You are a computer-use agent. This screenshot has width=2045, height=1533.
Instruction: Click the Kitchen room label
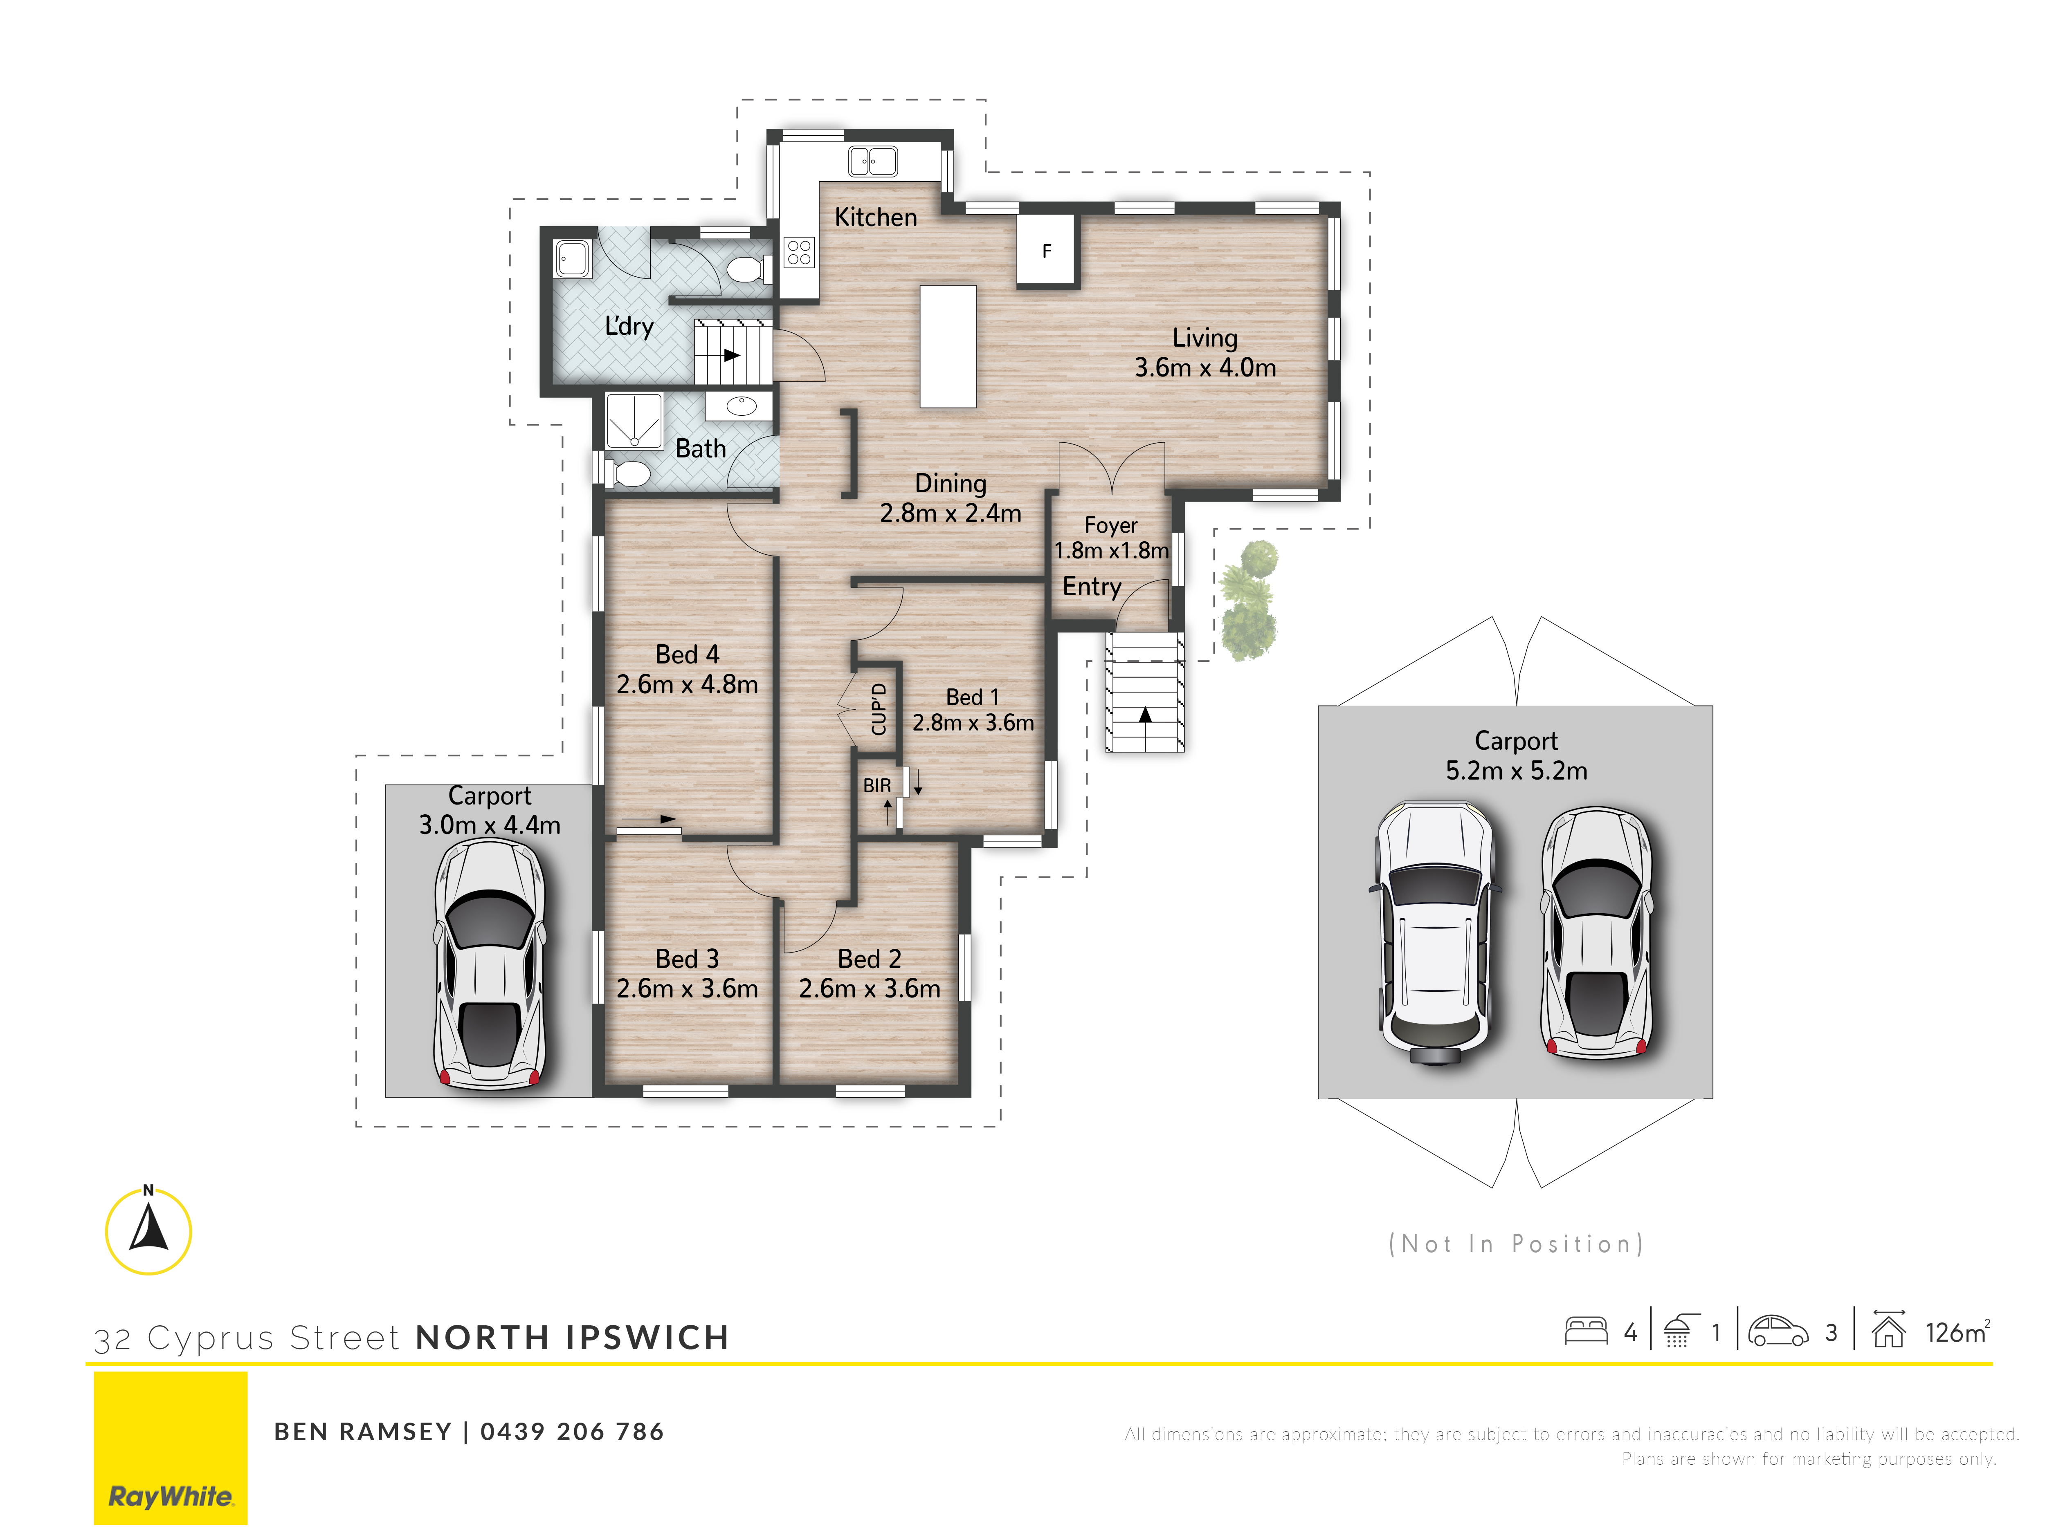(876, 217)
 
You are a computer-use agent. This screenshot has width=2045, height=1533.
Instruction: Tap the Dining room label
(951, 483)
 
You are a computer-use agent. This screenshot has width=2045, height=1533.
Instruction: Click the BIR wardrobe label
(876, 785)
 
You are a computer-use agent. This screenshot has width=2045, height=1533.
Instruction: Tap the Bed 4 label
(687, 654)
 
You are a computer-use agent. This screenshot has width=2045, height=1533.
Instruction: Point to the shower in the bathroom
(634, 421)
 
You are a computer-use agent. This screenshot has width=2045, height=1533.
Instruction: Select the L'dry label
(629, 326)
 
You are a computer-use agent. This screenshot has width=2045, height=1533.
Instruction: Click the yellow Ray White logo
(171, 1448)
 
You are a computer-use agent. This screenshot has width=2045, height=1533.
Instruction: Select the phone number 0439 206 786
(572, 1431)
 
